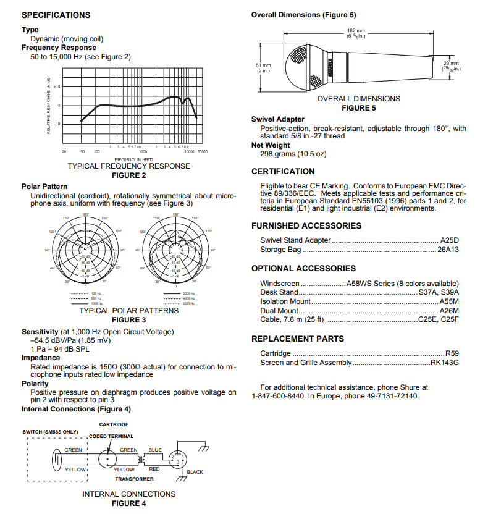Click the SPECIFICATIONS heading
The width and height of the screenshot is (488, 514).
[x=56, y=15]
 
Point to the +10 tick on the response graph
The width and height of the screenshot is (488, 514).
[x=56, y=87]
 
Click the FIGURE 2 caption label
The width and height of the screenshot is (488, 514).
[x=128, y=175]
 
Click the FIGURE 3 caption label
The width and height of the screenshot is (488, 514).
[x=128, y=320]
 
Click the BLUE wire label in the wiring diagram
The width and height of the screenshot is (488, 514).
[x=154, y=450]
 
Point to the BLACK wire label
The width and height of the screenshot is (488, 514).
[x=195, y=473]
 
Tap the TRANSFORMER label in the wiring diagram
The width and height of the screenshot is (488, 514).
[x=134, y=479]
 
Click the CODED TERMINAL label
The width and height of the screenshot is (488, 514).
[x=111, y=436]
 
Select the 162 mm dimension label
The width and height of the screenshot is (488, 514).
[x=355, y=30]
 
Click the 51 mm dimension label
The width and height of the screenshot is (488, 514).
[x=263, y=65]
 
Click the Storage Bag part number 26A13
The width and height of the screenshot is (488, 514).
[x=448, y=250]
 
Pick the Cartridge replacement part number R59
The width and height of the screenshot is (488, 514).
[x=452, y=353]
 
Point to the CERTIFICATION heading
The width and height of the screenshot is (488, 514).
[x=283, y=171]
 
